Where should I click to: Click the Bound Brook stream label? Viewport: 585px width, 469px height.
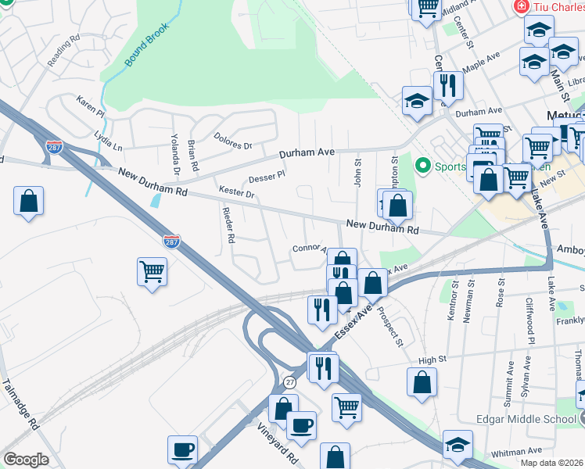[142, 52]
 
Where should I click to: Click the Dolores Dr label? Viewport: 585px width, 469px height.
[233, 140]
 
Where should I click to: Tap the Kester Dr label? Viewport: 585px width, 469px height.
[237, 192]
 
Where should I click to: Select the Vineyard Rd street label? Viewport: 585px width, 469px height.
[278, 443]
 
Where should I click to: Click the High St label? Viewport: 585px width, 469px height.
[431, 360]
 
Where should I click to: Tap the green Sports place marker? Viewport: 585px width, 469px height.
[423, 166]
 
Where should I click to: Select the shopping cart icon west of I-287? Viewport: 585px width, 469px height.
[152, 272]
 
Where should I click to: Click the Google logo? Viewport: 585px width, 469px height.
[26, 460]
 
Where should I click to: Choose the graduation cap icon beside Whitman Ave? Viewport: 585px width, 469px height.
[458, 445]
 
